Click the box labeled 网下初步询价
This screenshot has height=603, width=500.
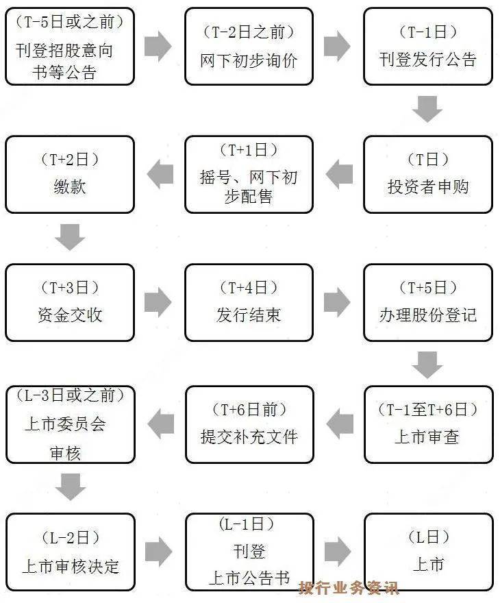(249, 47)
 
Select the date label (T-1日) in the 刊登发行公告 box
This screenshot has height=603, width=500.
(427, 32)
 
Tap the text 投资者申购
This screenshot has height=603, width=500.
(427, 186)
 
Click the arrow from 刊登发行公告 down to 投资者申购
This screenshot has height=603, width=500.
(427, 108)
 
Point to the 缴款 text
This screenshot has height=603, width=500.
(69, 186)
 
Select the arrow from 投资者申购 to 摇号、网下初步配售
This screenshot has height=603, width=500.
(338, 174)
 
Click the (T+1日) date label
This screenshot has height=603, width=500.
(249, 151)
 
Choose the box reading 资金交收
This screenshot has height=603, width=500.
(69, 302)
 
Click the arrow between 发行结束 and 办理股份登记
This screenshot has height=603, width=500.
(337, 302)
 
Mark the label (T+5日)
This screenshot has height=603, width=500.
(427, 288)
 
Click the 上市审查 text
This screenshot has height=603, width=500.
(427, 436)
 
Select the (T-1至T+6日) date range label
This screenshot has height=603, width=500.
(427, 410)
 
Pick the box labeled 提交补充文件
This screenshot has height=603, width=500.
(249, 424)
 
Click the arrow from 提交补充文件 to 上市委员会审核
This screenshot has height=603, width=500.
(160, 424)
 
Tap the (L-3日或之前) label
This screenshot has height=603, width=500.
(69, 395)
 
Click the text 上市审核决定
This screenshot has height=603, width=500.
(69, 567)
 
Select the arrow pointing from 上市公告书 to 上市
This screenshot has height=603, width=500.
(337, 552)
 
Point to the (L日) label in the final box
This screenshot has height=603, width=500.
(427, 538)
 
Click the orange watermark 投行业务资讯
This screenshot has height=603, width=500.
(348, 587)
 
